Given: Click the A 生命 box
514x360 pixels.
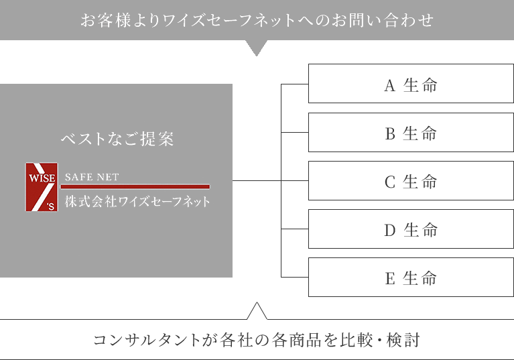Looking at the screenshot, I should coord(411,84).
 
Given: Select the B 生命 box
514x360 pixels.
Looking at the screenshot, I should coord(411,133).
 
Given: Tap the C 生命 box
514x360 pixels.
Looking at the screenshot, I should coord(411,181).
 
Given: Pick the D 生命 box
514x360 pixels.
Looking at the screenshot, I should coord(411,229).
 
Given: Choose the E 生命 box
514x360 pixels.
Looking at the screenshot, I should coord(411,278).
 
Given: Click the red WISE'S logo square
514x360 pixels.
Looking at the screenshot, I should coord(42,188).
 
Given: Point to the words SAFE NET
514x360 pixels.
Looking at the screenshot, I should coord(92,178).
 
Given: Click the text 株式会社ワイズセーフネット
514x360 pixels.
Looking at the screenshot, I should coord(137,201).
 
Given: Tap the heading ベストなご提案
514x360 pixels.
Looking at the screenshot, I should coord(117,139).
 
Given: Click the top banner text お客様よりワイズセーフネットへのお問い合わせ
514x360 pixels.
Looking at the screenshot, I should coord(257,20).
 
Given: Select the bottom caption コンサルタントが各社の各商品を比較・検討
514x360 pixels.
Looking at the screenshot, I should coord(257,340).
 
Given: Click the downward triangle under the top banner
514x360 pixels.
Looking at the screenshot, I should coord(257,48).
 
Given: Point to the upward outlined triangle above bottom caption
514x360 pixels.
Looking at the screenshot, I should coord(257,310).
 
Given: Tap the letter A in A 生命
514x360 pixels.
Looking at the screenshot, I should coord(390,85).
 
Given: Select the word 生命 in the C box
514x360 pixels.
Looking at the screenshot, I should coord(420,181).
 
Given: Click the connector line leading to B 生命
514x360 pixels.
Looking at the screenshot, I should coord(294,133).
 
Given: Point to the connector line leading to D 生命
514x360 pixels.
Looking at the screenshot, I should coord(294,229).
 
